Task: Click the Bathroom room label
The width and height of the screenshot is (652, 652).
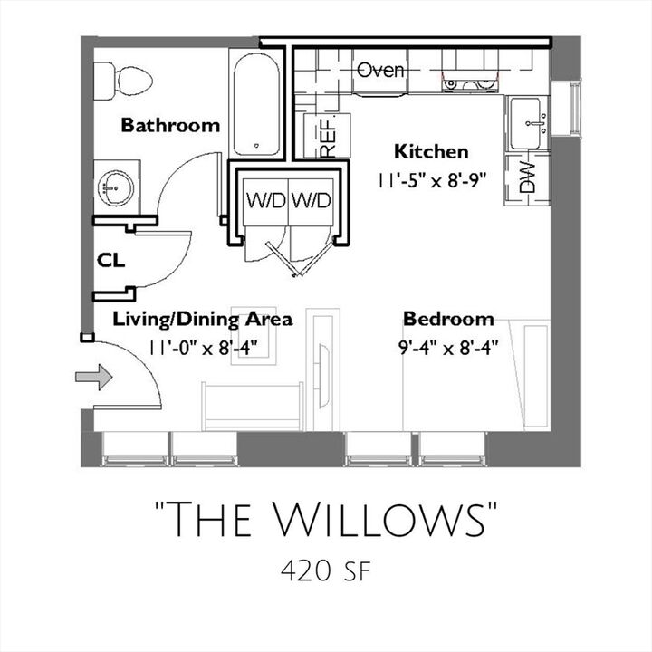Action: pyautogui.click(x=170, y=125)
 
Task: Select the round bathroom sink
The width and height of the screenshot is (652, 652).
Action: pyautogui.click(x=117, y=187)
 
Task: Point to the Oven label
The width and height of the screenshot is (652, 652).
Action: pyautogui.click(x=380, y=70)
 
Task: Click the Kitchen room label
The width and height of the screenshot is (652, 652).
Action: pyautogui.click(x=430, y=151)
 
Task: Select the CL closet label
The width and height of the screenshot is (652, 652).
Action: pyautogui.click(x=110, y=261)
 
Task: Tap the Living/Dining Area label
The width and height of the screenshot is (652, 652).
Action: pyautogui.click(x=202, y=319)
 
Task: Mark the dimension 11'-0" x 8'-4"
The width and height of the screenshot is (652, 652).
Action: pyautogui.click(x=202, y=346)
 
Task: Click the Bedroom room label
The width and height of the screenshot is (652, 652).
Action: pyautogui.click(x=448, y=319)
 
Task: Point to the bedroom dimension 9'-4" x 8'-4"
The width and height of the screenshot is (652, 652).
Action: pyautogui.click(x=448, y=346)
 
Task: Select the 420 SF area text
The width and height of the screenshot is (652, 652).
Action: pyautogui.click(x=326, y=571)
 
